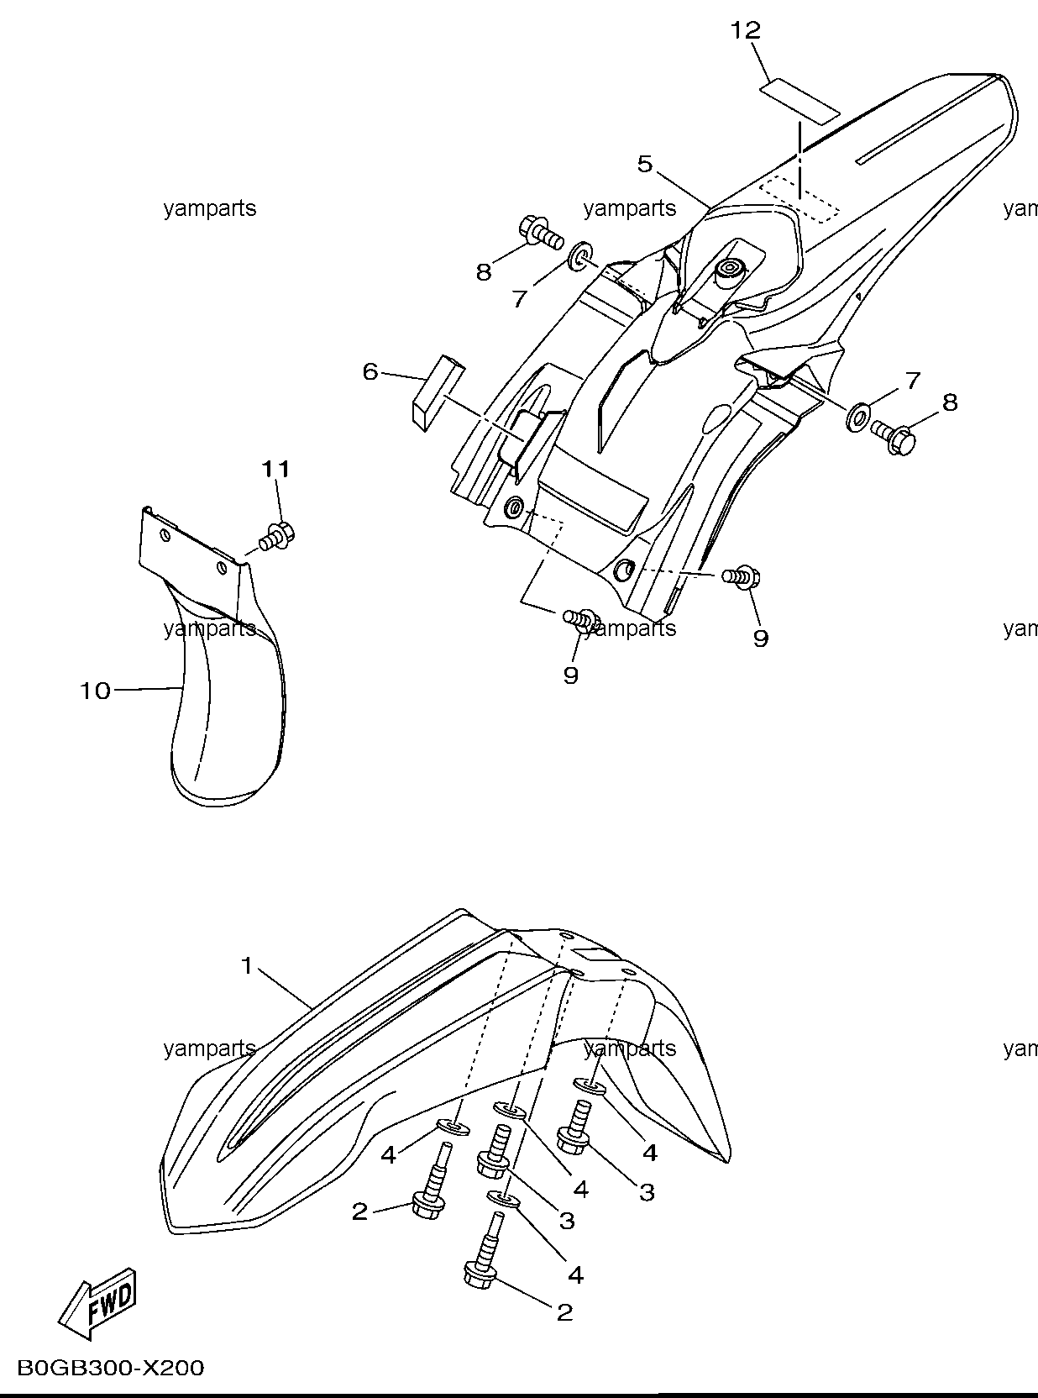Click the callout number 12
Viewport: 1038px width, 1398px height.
click(746, 29)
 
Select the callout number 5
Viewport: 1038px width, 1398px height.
click(645, 164)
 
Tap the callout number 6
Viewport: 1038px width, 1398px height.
click(370, 372)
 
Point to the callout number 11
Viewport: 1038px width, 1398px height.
click(276, 469)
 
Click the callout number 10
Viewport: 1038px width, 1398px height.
click(95, 691)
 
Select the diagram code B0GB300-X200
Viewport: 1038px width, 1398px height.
click(110, 1368)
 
